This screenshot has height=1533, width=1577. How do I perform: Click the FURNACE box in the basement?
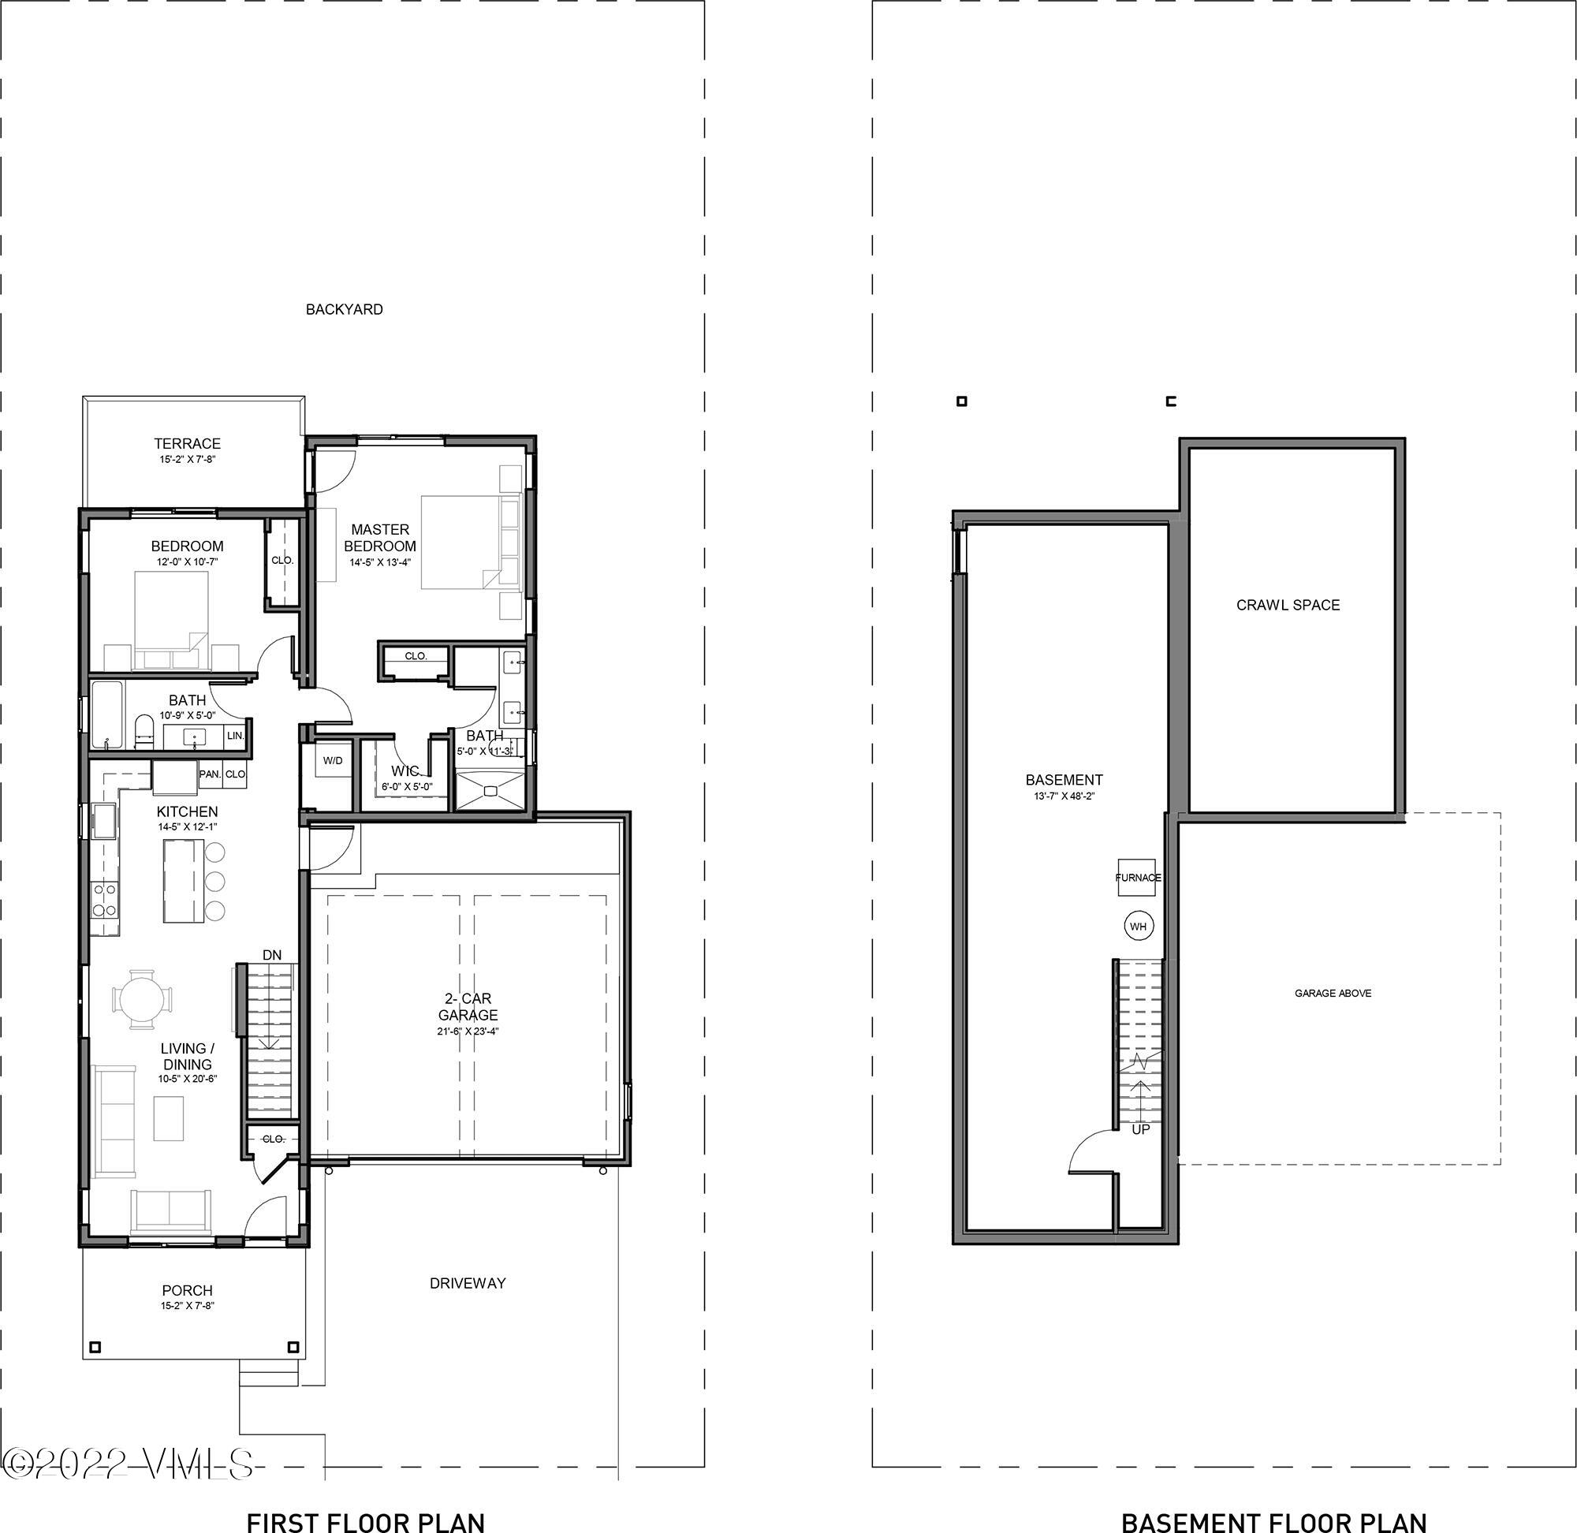1137,878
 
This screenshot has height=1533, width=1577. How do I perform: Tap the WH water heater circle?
1138,927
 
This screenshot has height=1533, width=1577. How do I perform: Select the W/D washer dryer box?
333,761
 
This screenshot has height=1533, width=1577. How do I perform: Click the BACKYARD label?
344,309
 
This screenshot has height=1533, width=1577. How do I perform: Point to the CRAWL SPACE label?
1287,605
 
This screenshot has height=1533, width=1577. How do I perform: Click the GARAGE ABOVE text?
1333,994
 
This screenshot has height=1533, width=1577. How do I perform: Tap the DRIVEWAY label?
467,1283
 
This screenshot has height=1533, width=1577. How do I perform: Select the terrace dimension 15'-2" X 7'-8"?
187,460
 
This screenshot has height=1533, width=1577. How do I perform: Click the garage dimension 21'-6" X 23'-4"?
468,1031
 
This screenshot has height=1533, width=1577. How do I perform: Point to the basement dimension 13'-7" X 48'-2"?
1064,796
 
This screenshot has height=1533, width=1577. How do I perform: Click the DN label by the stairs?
271,955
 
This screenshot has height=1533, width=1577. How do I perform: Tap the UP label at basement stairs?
1140,1129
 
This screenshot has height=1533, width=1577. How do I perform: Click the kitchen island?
184,881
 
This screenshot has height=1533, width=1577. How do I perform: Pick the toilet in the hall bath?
144,729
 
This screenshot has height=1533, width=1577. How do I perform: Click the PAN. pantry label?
209,774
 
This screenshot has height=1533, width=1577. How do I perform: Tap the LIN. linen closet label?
235,735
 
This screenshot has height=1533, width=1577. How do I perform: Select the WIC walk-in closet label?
405,771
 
